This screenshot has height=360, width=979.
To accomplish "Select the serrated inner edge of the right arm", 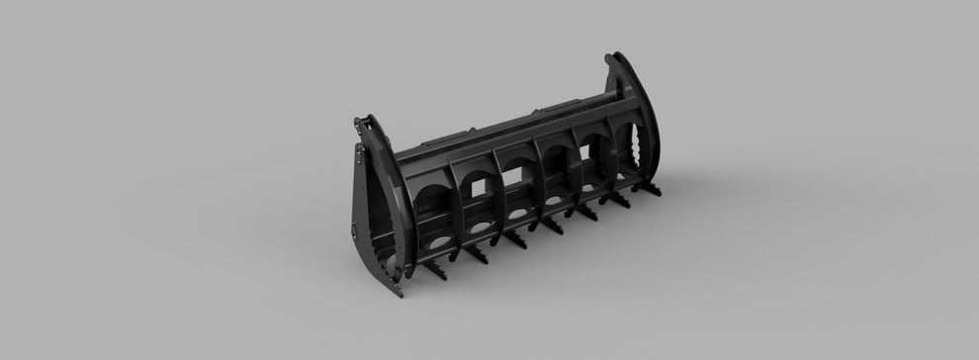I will (643, 158).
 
